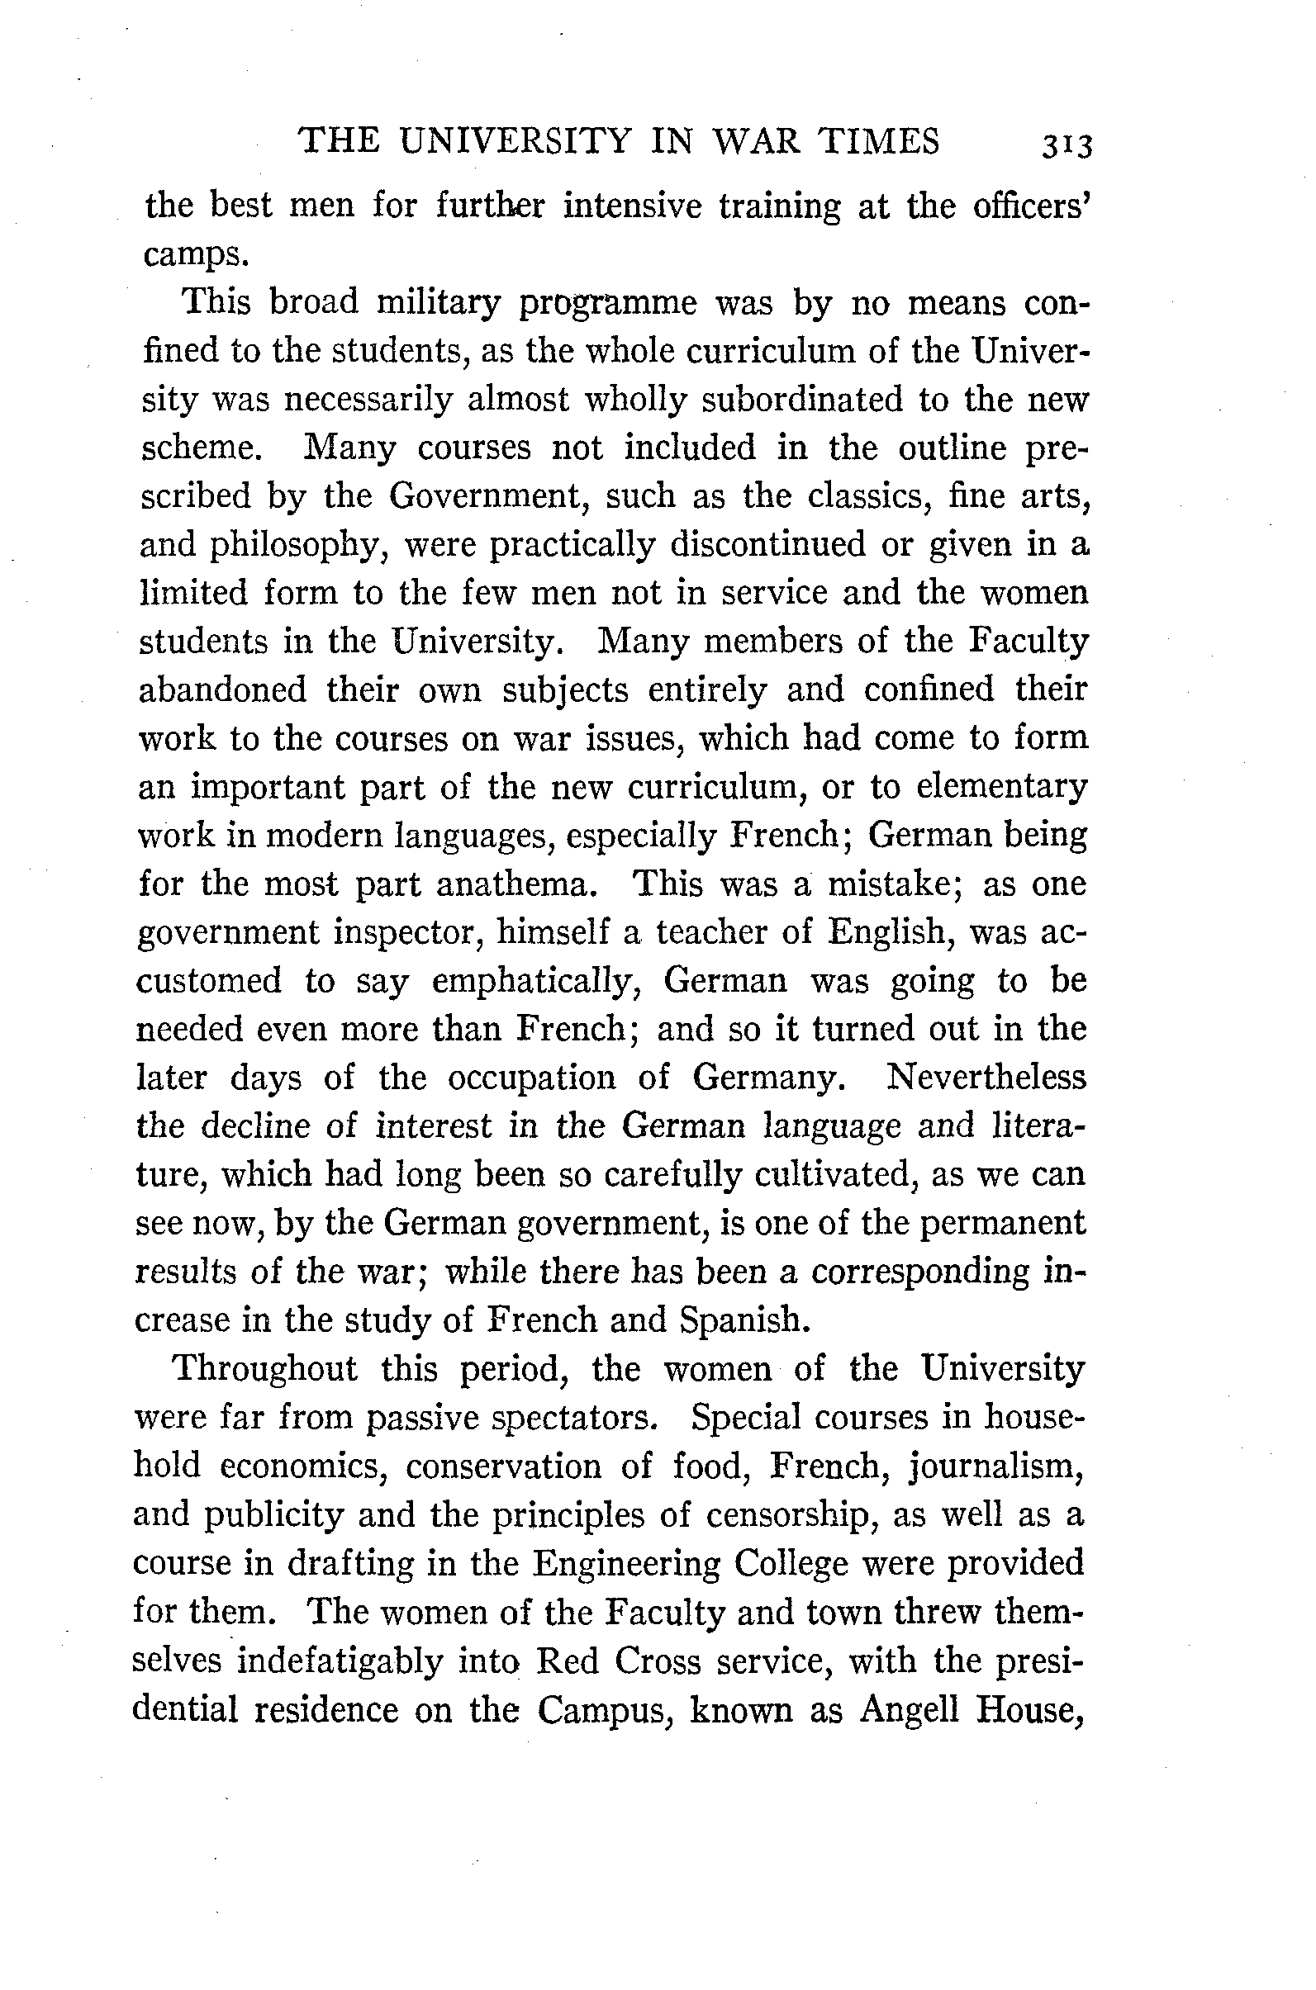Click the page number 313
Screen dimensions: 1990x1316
(x=1066, y=145)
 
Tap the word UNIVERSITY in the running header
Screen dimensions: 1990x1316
(x=514, y=142)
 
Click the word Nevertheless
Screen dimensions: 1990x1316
(x=986, y=1078)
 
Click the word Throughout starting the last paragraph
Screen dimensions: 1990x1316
(x=264, y=1370)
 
